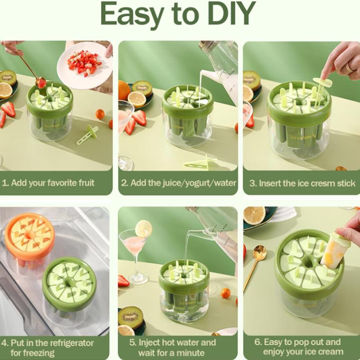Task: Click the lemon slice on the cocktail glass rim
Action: tap(143, 228)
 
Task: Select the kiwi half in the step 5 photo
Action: tap(130, 317)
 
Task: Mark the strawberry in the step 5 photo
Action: tap(123, 280)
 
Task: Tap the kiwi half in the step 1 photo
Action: tap(8, 78)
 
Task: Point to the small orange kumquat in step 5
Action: tap(225, 293)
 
